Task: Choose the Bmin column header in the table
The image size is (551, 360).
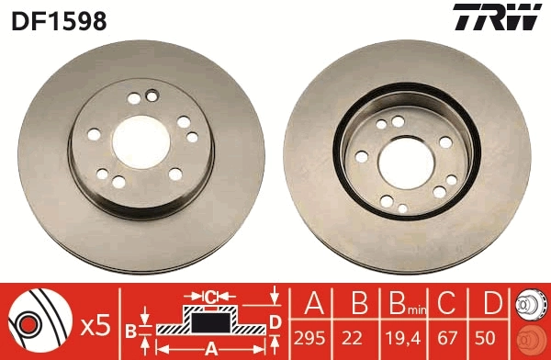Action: click(x=402, y=303)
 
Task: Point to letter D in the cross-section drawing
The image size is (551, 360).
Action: click(x=274, y=321)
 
